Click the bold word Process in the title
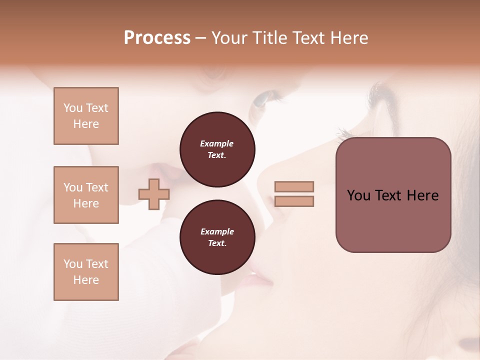pos(157,38)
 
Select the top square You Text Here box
pos(86,116)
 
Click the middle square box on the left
pos(86,195)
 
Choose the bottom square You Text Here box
pos(86,272)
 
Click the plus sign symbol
pos(154,194)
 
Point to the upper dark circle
pos(217,149)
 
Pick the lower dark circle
pos(217,237)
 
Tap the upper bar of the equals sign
pos(294,186)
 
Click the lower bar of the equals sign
pos(294,201)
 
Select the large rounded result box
pos(393,195)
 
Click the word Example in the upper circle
pos(217,143)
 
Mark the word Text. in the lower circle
pos(217,243)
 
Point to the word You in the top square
pos(73,108)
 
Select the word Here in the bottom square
pos(86,280)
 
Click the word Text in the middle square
pos(96,187)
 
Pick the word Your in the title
pos(229,38)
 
